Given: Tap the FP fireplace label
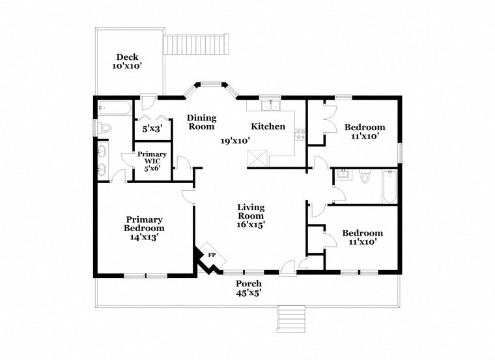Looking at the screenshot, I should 212,255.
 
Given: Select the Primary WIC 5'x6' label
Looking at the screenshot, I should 152,161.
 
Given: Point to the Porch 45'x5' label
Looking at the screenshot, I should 249,288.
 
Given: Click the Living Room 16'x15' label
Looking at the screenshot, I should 251,215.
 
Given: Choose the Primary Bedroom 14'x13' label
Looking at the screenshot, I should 144,228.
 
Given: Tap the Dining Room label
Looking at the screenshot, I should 202,122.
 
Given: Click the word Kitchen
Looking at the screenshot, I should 268,126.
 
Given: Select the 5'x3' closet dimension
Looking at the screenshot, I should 152,129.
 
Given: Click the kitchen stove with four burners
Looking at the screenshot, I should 300,135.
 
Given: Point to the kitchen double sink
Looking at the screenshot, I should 269,106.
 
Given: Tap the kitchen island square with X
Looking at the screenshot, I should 258,158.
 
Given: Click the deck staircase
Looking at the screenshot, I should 197,46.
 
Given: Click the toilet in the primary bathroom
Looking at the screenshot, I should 105,128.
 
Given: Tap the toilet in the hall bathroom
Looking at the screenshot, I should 364,176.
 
